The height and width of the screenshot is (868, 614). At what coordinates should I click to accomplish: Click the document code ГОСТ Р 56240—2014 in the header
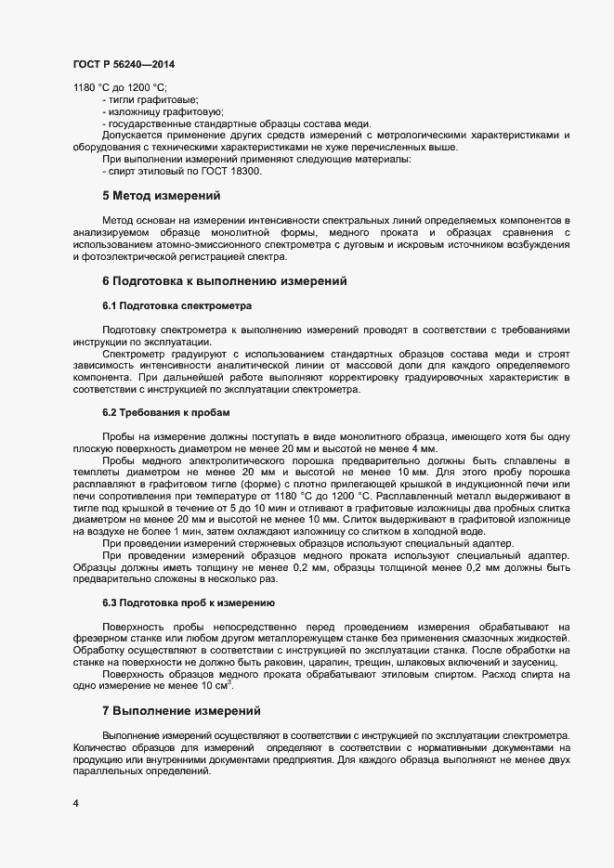123,64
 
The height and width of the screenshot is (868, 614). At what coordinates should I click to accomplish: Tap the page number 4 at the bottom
76,803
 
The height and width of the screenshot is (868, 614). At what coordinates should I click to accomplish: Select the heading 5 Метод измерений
161,196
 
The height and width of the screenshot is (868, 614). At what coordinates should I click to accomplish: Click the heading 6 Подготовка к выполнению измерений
225,280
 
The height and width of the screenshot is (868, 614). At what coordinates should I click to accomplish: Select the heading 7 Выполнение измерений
181,711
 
